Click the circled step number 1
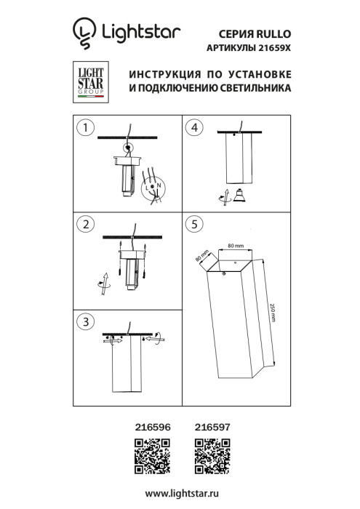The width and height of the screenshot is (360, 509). [87, 128]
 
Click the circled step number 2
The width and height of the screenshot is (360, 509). [87, 223]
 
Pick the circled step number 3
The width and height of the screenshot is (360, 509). [87, 321]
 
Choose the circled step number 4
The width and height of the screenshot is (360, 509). [193, 128]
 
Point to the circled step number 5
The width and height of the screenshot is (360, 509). [193, 223]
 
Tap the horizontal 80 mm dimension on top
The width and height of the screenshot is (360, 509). [234, 247]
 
